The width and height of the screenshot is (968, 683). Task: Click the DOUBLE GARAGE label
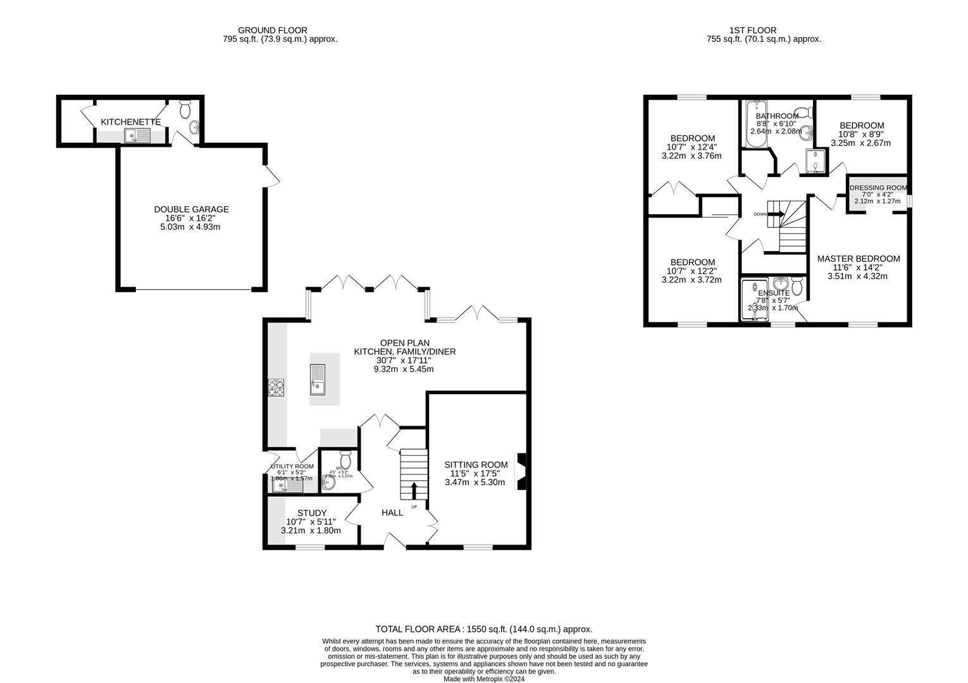[x=191, y=209]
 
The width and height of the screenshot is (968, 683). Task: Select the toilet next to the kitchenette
[x=185, y=110]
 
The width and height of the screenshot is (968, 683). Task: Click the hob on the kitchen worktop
[x=276, y=387]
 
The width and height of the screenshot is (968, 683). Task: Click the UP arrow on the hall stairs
[x=414, y=491]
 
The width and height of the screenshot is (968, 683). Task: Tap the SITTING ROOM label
[x=476, y=465]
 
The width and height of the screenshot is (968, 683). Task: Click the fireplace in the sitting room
[x=521, y=472]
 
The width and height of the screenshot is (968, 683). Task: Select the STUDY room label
[x=311, y=513]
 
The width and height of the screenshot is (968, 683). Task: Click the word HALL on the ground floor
[x=392, y=513]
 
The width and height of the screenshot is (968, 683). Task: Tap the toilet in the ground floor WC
[x=345, y=457]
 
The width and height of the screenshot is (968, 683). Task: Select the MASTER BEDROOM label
[x=858, y=259]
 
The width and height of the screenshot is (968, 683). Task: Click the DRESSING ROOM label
[x=878, y=188]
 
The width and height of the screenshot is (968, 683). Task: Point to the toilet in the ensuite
[x=797, y=288]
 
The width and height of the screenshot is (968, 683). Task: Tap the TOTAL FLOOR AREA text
[x=483, y=629]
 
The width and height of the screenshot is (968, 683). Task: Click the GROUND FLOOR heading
[x=272, y=30]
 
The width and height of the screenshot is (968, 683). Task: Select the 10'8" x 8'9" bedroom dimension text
[x=860, y=134]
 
